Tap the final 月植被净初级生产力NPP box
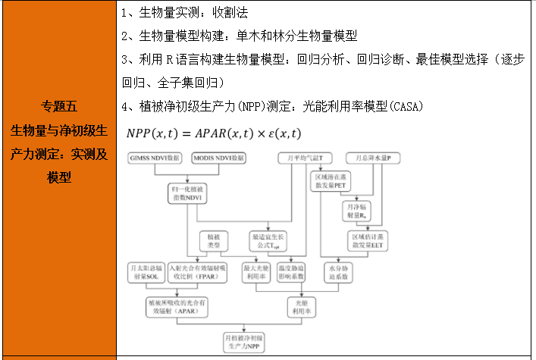tap(245, 340)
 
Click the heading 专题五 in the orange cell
tap(58, 106)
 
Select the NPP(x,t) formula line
tap(214, 133)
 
